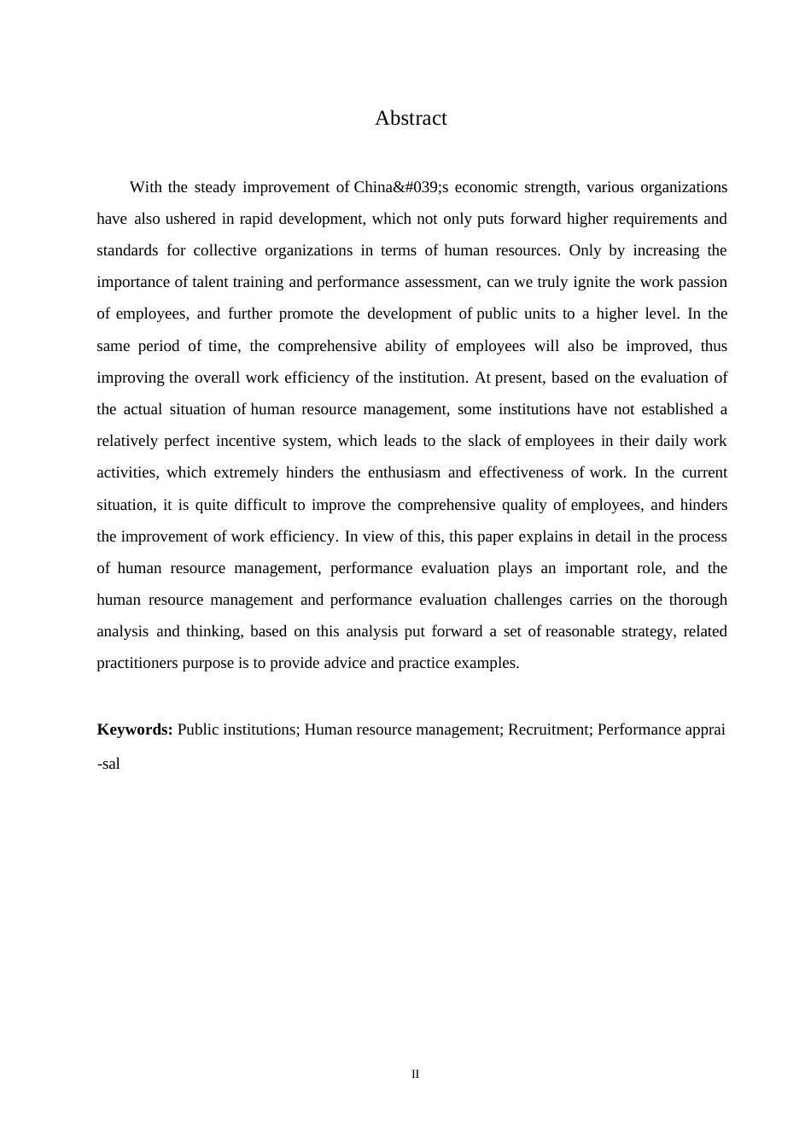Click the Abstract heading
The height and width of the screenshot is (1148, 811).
click(411, 118)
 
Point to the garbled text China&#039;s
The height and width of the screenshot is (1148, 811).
click(396, 187)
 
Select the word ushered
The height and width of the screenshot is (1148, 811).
click(190, 219)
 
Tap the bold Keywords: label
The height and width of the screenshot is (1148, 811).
click(135, 729)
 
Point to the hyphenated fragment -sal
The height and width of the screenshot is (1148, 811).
click(108, 764)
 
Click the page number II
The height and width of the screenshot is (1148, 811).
click(416, 1074)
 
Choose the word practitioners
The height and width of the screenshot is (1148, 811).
click(137, 663)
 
